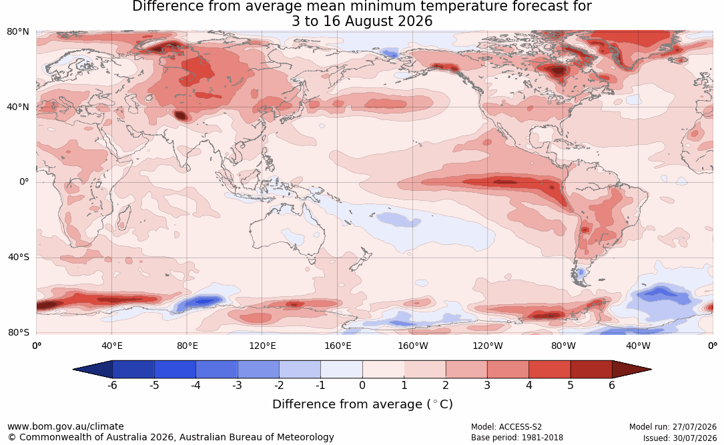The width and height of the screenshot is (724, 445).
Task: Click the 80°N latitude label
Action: (x=17, y=32)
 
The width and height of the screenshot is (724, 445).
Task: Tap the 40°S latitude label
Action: (x=18, y=257)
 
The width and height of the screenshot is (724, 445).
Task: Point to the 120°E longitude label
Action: (x=262, y=346)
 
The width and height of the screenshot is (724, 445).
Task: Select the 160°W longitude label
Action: (x=413, y=346)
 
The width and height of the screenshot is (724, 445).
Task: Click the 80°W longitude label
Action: (x=563, y=346)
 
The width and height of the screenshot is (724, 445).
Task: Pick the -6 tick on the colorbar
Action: (x=112, y=385)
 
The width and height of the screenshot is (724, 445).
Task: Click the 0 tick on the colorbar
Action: (x=362, y=385)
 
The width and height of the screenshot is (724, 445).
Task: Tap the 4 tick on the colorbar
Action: (x=529, y=385)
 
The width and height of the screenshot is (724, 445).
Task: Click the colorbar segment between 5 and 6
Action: (x=591, y=370)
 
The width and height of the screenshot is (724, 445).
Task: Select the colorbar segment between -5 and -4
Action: (x=175, y=370)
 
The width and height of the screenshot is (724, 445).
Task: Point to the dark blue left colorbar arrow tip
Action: (x=73, y=370)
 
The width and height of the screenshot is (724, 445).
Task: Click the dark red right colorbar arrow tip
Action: (x=651, y=370)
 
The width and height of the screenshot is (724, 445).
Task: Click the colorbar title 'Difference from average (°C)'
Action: (x=362, y=404)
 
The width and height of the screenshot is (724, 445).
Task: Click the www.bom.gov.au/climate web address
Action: (x=65, y=426)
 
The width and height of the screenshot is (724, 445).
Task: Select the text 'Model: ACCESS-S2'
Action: (x=506, y=427)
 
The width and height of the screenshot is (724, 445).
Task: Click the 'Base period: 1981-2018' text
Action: (x=517, y=437)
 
